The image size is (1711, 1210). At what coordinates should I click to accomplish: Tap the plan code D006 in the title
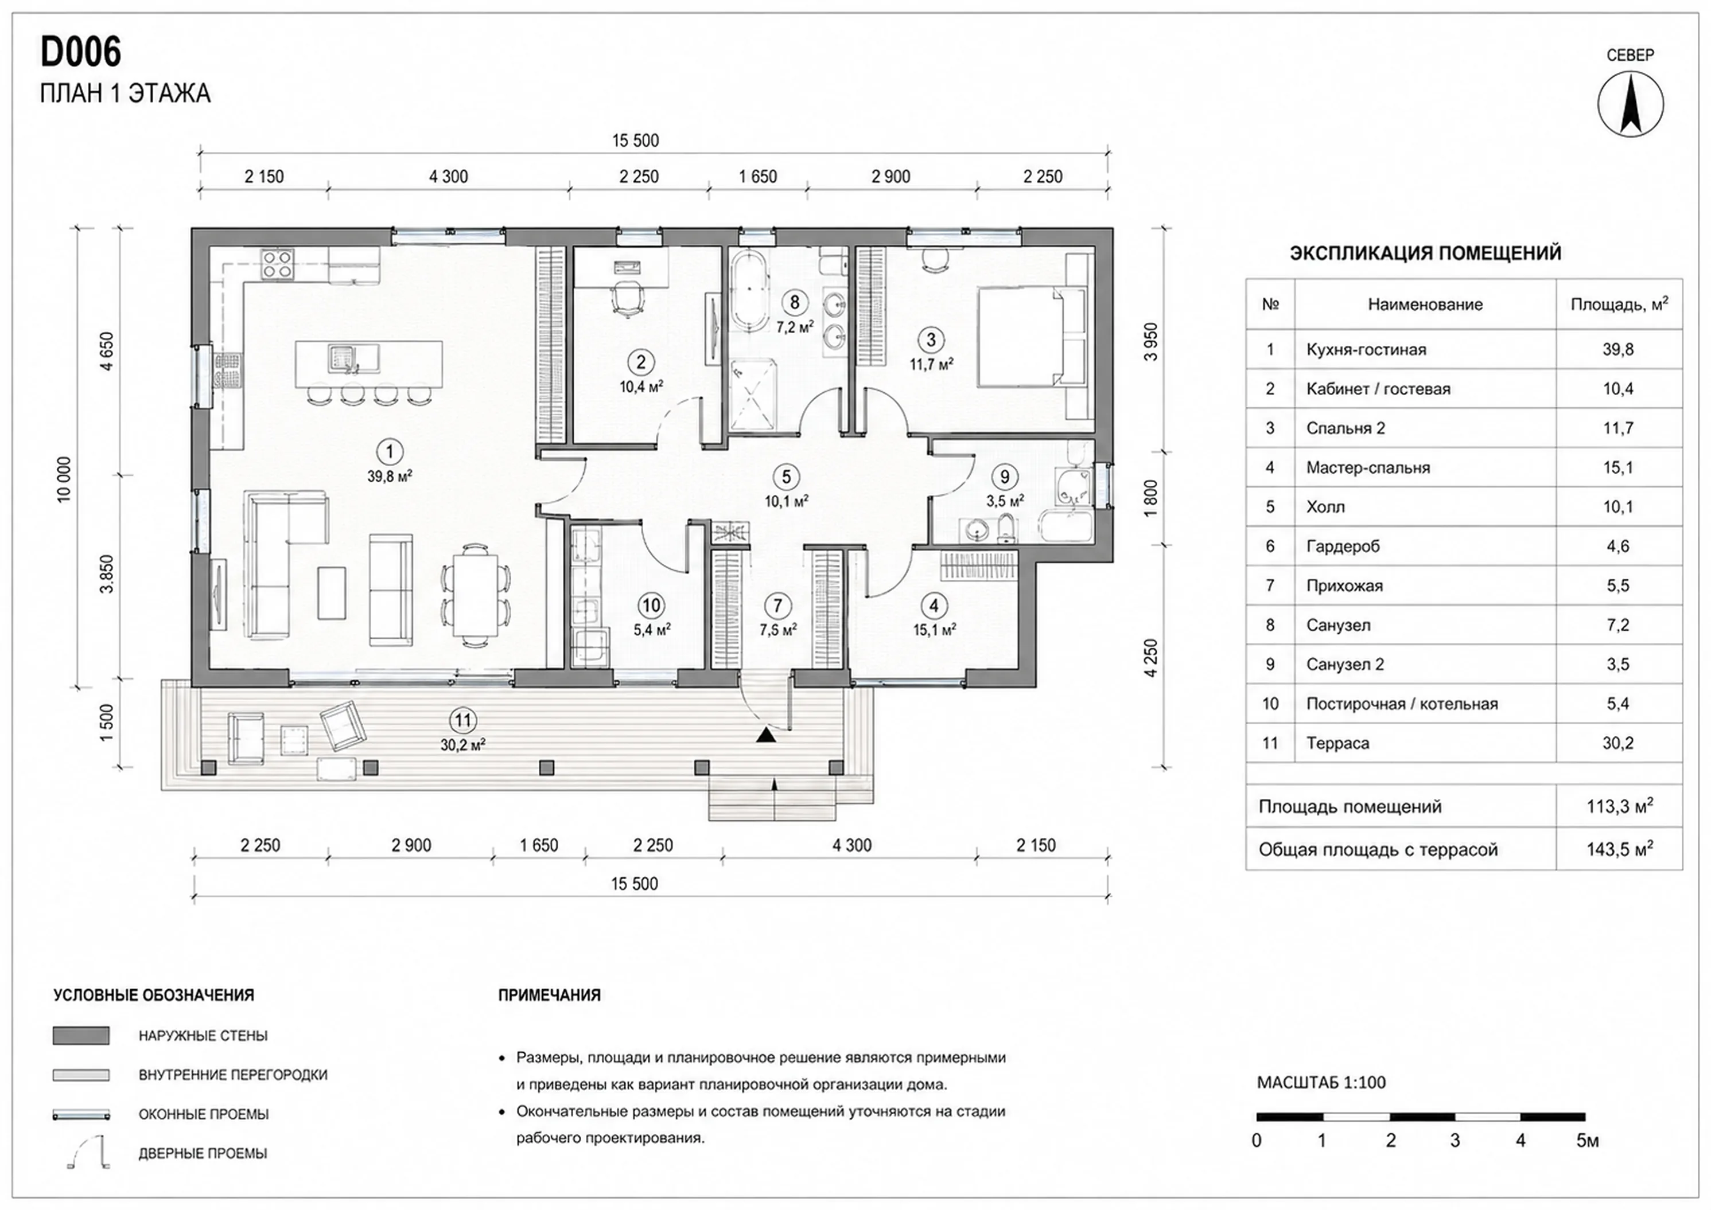coord(80,52)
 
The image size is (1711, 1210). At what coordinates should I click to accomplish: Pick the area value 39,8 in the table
coord(1618,349)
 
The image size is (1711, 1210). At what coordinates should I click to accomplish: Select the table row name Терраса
coord(1337,743)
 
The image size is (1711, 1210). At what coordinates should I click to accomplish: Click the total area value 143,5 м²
coord(1619,849)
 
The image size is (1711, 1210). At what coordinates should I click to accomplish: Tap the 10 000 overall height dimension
coord(65,479)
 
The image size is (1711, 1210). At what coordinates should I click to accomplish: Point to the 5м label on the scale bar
coord(1587,1141)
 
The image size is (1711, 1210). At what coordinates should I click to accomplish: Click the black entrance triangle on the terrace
coord(765,735)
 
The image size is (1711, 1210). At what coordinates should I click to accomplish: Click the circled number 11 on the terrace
coord(463,720)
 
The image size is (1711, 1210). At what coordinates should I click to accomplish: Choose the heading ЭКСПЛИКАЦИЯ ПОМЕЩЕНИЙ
coord(1425,252)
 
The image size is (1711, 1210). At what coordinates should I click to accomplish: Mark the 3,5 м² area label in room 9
coord(1005,501)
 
